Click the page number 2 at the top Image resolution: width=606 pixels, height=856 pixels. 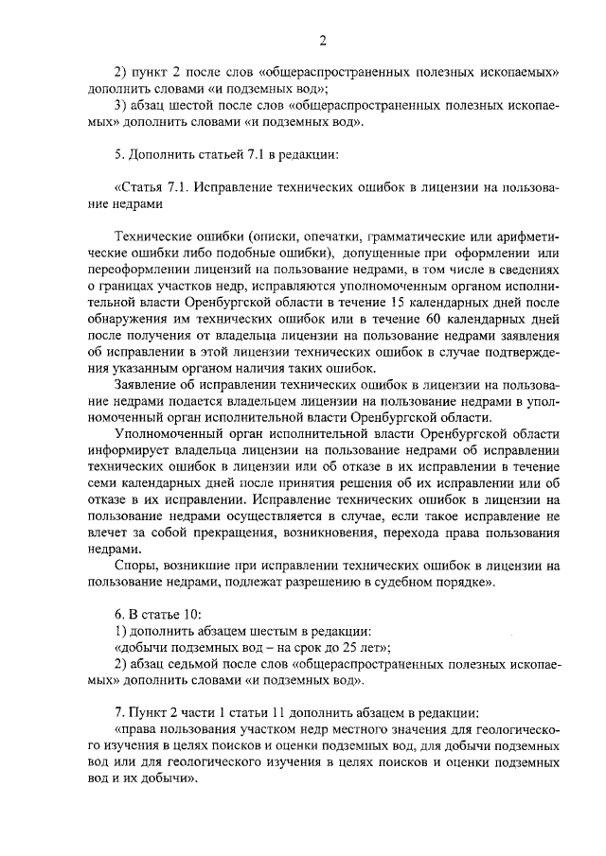coord(322,39)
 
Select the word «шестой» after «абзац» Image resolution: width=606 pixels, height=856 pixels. coord(193,105)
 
